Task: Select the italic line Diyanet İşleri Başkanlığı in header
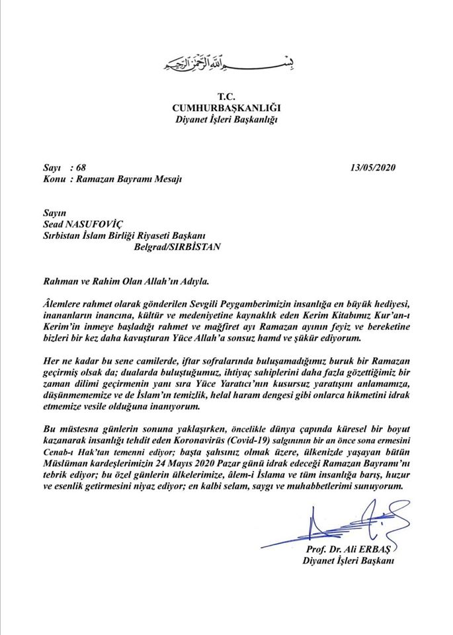click(227, 119)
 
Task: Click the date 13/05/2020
click(374, 168)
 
